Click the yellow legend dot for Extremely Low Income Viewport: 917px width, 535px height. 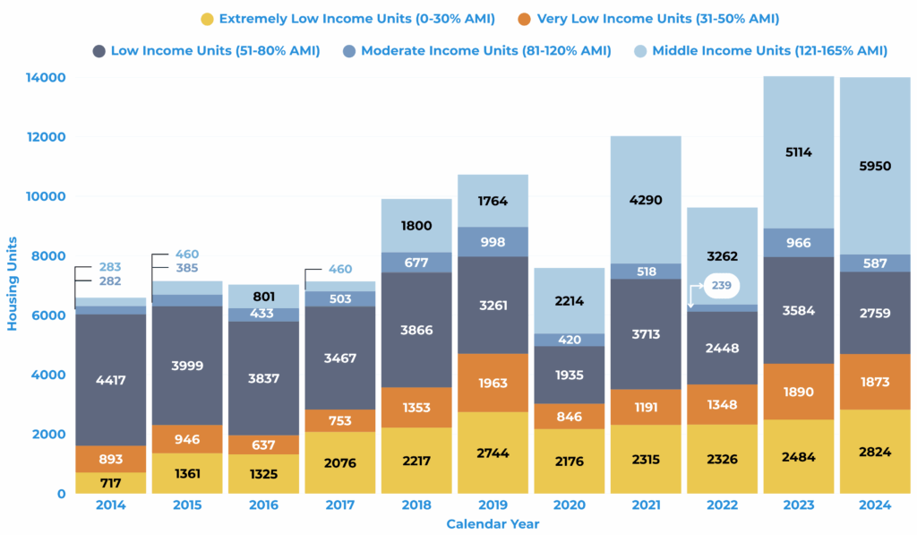pos(207,19)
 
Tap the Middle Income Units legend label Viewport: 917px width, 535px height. pos(769,51)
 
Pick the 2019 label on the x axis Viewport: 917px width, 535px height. pos(493,505)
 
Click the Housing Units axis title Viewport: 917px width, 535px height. pos(13,284)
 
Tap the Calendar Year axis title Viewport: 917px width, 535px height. pos(493,524)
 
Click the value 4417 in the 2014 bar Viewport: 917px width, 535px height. pos(111,380)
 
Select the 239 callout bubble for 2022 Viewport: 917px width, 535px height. pos(721,286)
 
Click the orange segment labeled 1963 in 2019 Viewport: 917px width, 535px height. pos(493,383)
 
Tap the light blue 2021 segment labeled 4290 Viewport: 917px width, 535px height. pos(645,200)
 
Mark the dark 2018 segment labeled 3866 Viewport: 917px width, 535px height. pos(416,330)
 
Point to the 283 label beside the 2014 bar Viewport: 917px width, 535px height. pos(111,267)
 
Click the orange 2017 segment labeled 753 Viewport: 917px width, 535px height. pos(340,421)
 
